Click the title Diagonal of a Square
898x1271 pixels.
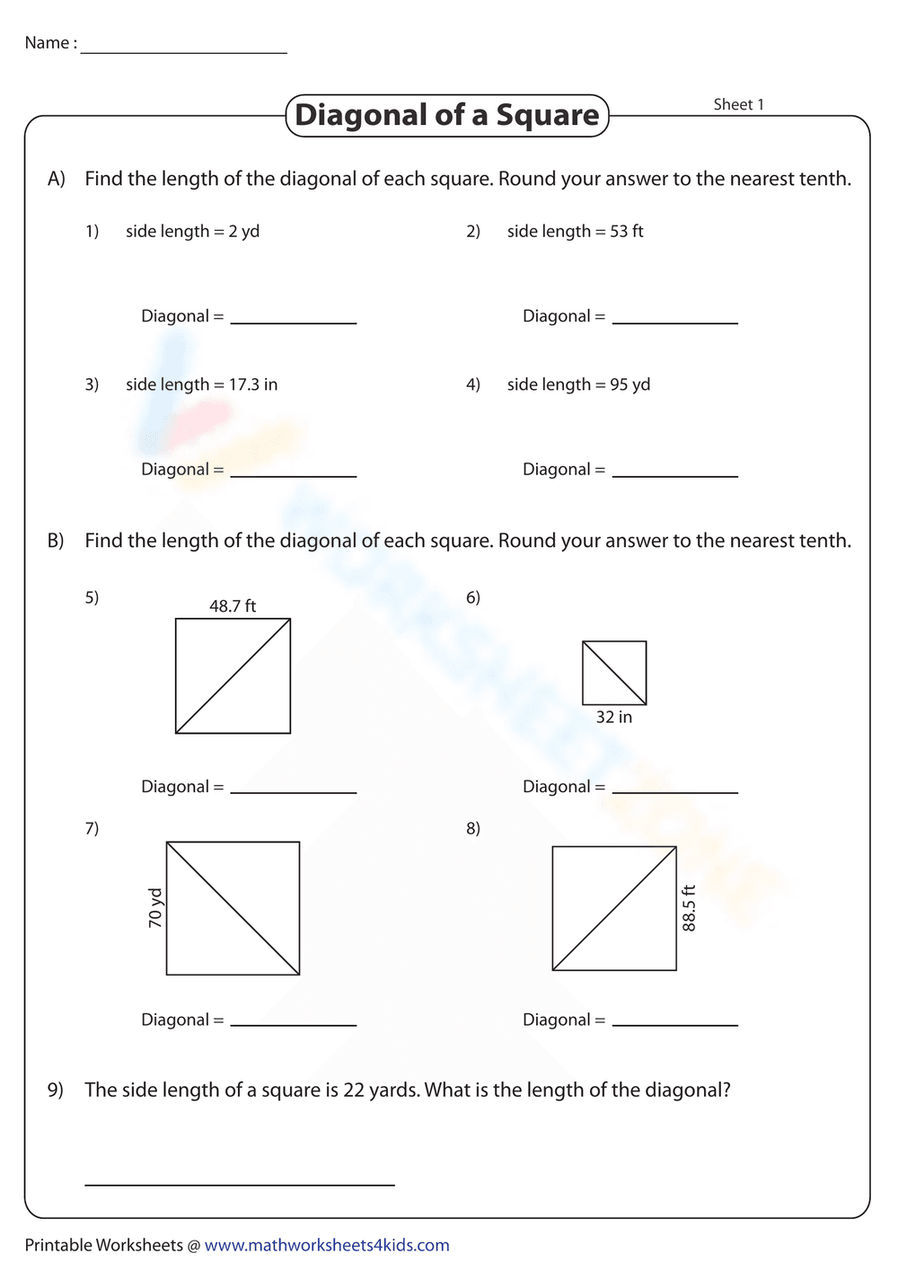(447, 115)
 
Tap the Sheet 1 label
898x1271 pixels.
(738, 104)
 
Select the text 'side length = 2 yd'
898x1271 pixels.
(192, 231)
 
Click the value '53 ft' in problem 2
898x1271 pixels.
(627, 231)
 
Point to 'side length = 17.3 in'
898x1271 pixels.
(201, 384)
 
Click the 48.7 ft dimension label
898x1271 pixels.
(233, 606)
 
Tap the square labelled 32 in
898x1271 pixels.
(614, 673)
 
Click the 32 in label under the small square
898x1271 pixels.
(614, 717)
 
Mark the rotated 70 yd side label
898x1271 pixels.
(155, 908)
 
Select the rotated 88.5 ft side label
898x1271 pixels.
(689, 908)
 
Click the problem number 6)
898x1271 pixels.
(473, 597)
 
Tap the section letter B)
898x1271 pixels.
(56, 541)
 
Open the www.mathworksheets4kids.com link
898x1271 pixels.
(327, 1245)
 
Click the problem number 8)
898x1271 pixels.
(473, 828)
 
